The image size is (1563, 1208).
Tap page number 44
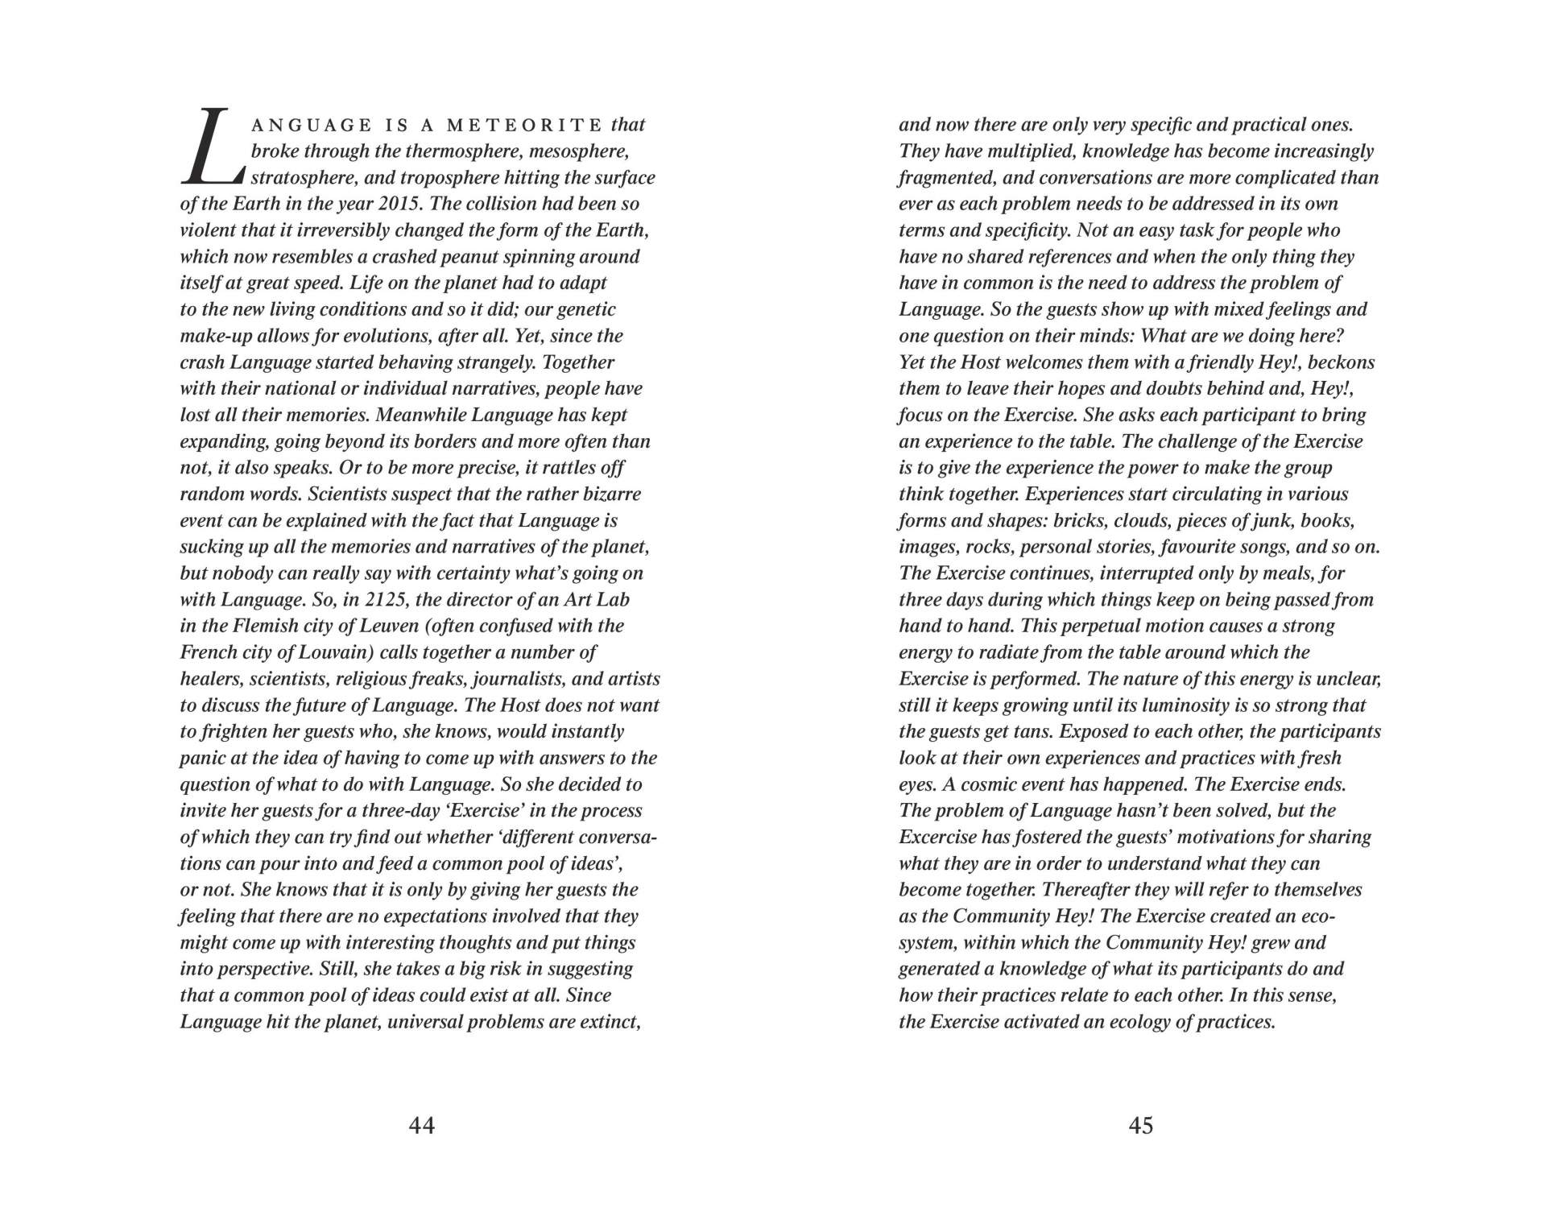(x=422, y=1125)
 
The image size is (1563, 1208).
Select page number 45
(x=1141, y=1125)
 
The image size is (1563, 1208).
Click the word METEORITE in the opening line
(x=524, y=125)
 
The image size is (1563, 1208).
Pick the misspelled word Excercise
(x=942, y=838)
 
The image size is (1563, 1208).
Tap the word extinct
(x=609, y=1022)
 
